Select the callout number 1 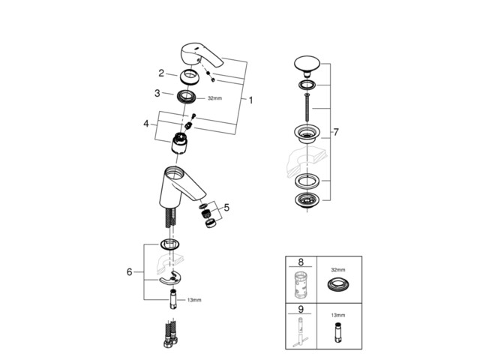pos(251,100)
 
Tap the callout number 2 pos(161,73)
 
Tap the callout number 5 pos(226,207)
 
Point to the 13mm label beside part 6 pos(194,300)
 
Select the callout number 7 pos(337,132)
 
